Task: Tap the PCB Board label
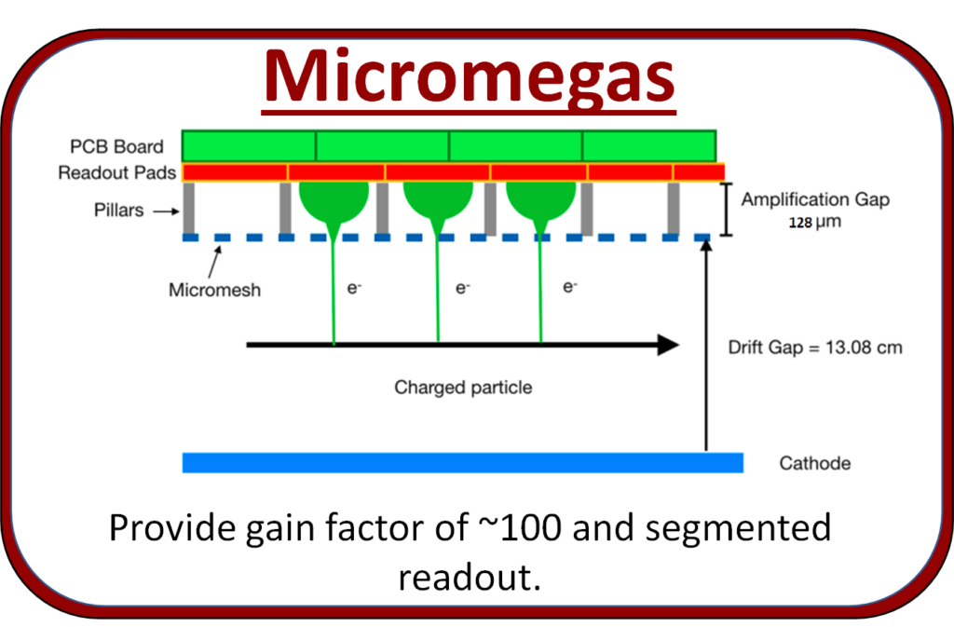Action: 116,146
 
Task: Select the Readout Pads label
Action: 117,173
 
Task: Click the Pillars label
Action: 119,210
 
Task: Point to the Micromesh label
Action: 214,290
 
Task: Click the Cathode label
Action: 816,463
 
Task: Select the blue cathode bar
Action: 462,463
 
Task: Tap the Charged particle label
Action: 463,387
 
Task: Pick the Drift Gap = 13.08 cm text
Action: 814,348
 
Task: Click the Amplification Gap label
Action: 815,199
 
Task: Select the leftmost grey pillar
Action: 188,208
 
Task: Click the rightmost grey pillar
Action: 674,208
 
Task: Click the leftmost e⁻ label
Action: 354,289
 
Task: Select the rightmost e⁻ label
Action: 570,288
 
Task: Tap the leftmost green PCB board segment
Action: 249,146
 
